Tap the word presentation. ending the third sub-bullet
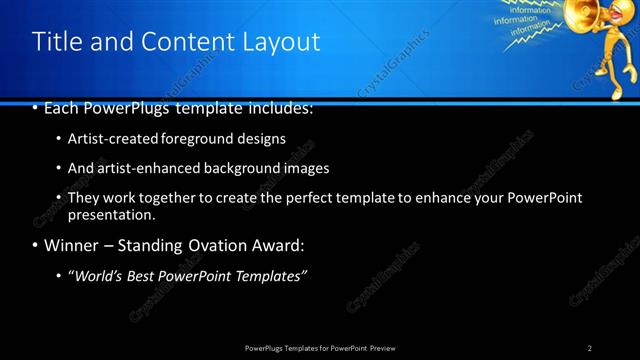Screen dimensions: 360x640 pos(112,214)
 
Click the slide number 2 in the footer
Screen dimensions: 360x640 pos(590,347)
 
